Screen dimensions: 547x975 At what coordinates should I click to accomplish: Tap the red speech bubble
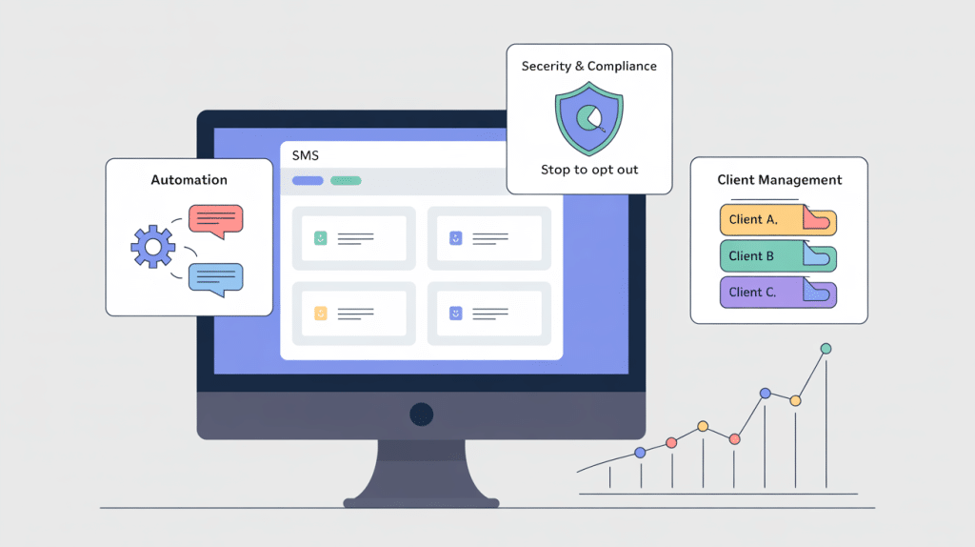pos(215,219)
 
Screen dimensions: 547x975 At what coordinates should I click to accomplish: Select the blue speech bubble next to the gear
pos(215,277)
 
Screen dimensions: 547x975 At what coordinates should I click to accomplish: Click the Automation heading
pos(189,180)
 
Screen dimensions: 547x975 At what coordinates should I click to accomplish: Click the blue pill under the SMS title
pos(308,180)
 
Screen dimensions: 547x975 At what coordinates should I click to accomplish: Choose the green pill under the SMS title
pos(346,180)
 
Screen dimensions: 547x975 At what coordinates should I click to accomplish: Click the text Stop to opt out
pos(589,170)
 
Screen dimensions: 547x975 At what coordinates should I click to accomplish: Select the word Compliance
pos(623,67)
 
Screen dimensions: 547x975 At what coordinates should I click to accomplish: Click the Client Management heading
pos(779,180)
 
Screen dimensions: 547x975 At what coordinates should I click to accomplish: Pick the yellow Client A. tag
pos(777,220)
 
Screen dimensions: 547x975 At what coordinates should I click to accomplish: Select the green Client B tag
pos(777,256)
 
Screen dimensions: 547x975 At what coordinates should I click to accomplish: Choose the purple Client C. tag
pos(777,293)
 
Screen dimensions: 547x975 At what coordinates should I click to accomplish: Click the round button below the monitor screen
pos(421,415)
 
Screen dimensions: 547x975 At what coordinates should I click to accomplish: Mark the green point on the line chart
pos(826,349)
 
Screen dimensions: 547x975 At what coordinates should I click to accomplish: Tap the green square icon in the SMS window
pos(321,237)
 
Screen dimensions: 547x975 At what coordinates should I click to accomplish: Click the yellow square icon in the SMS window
pos(321,312)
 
